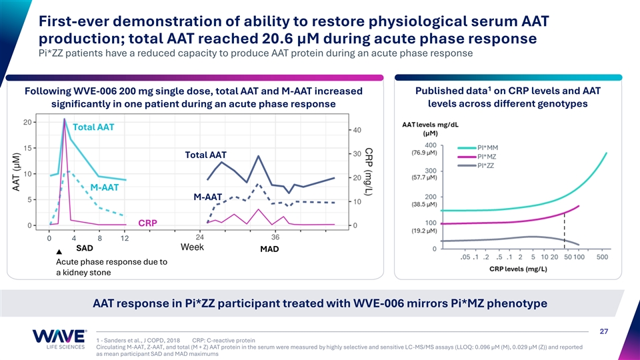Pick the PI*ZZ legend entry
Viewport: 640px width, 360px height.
click(x=487, y=166)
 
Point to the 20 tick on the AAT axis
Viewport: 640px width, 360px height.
click(x=25, y=122)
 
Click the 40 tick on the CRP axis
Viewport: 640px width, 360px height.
click(x=357, y=130)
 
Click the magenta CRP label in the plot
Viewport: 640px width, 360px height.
click(x=148, y=223)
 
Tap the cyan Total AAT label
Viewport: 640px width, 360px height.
click(x=93, y=127)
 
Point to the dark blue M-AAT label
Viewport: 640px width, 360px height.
click(x=207, y=197)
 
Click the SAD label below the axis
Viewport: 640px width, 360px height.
click(x=85, y=248)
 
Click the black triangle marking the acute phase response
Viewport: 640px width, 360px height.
click(x=59, y=252)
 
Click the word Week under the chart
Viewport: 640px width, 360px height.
click(x=194, y=247)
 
